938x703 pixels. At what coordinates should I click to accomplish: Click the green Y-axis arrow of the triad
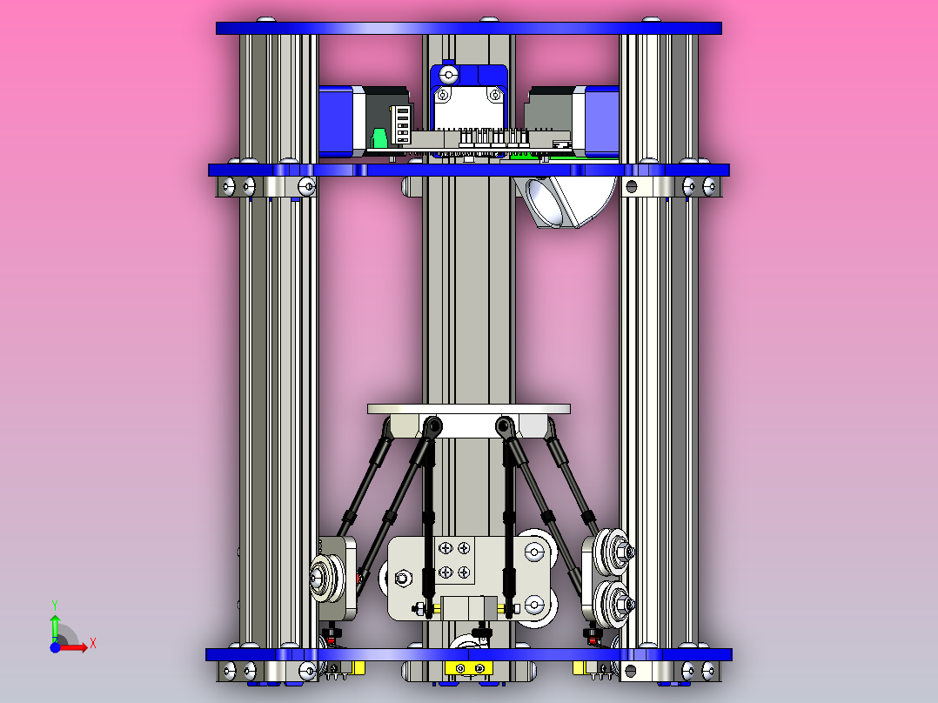54,623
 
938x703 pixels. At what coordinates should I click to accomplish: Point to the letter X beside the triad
93,643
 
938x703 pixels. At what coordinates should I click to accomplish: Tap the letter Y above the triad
54,604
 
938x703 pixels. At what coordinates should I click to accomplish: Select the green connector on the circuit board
379,138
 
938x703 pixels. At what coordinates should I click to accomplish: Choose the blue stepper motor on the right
600,120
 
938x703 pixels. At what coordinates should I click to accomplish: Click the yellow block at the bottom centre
468,668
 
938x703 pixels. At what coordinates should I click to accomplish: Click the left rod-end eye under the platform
432,425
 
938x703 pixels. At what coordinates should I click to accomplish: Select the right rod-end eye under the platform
503,425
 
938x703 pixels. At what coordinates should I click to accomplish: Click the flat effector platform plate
468,408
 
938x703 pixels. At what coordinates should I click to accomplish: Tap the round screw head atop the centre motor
447,74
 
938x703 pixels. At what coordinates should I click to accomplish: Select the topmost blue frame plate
468,28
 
